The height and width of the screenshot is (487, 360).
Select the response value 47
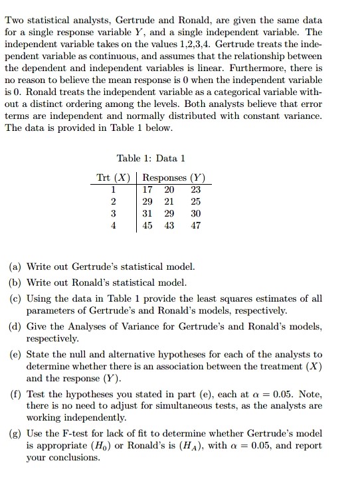click(x=195, y=225)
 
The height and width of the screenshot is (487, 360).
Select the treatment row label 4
click(x=114, y=225)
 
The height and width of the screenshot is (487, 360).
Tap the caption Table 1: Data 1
click(x=151, y=158)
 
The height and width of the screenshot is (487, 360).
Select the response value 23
click(x=195, y=189)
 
